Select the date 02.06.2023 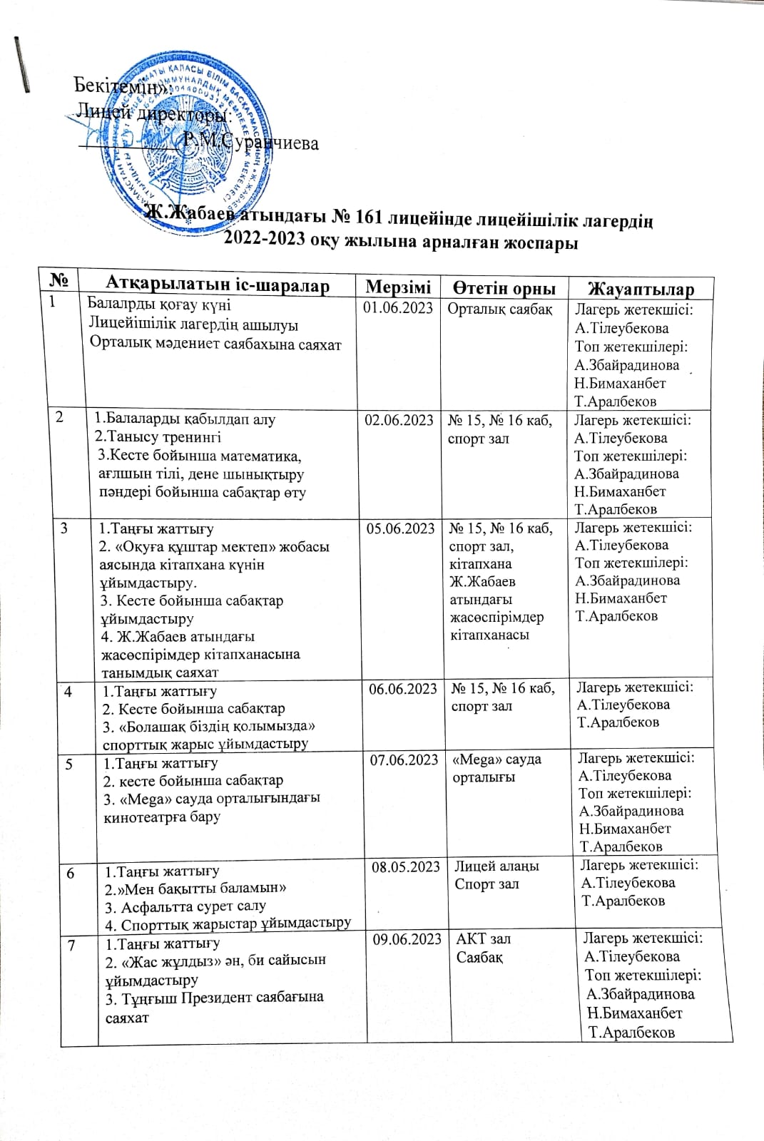coord(399,420)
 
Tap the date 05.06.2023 coord(400,528)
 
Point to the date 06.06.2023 coord(403,688)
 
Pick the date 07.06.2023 coord(404,760)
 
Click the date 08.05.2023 coord(407,866)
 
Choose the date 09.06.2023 coord(409,939)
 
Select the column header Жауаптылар coord(640,289)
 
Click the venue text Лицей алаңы coord(496,866)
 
